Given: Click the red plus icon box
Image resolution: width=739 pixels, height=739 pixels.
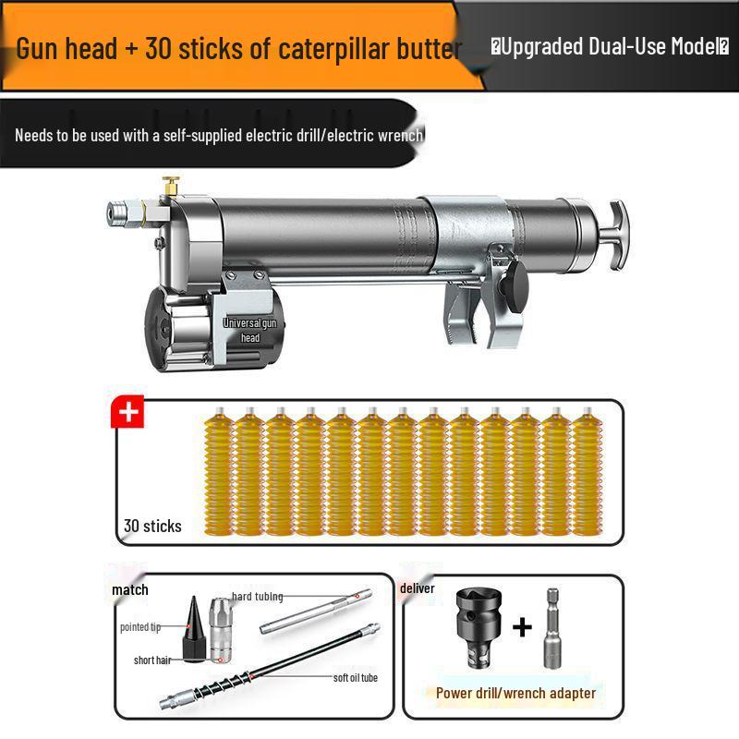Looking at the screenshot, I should click(127, 411).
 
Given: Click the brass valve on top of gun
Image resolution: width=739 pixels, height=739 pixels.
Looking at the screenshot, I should click(170, 186).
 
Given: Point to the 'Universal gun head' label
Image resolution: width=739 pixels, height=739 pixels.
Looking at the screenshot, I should click(250, 331).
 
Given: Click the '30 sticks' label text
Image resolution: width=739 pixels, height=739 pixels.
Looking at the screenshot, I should click(152, 526).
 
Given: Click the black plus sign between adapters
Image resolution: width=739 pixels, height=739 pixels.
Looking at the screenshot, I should click(522, 628).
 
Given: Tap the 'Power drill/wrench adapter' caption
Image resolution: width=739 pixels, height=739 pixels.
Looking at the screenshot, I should click(516, 693).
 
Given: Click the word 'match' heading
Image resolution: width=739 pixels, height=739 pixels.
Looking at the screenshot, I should click(130, 589).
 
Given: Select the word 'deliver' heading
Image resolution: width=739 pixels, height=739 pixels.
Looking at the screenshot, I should click(418, 588).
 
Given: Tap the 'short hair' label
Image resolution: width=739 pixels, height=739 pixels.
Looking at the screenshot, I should click(150, 660).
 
